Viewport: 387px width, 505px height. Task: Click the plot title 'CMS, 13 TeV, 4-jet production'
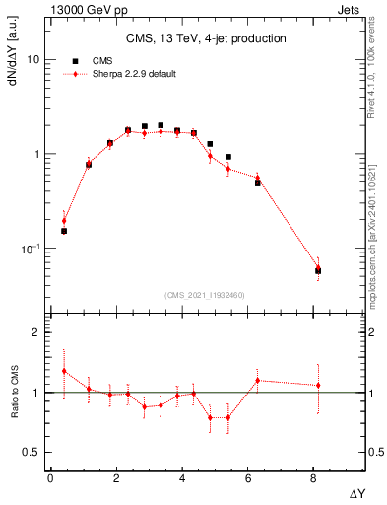tap(206, 38)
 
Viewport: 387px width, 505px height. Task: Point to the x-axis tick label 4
tap(182, 479)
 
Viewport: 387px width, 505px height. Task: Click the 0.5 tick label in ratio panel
tap(31, 452)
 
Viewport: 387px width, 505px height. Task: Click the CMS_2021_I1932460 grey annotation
tap(205, 294)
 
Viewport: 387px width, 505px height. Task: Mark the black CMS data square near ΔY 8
tap(318, 270)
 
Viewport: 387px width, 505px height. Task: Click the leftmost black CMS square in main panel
tap(64, 231)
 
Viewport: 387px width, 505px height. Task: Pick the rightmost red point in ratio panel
tap(318, 385)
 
